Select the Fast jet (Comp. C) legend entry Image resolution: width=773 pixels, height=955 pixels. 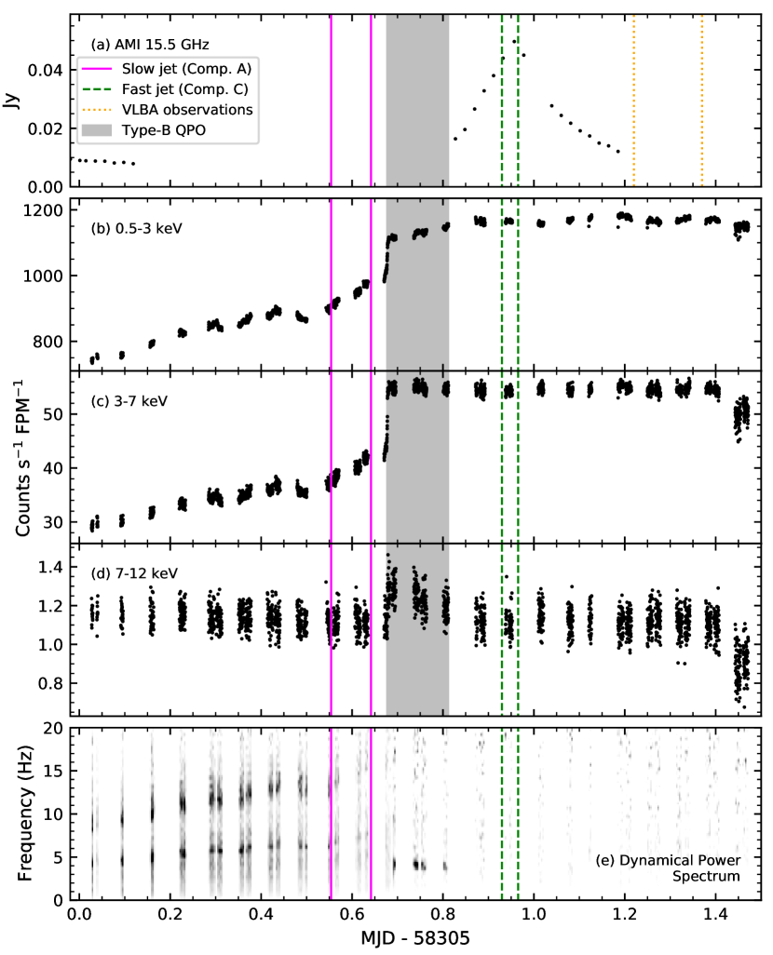pos(165,89)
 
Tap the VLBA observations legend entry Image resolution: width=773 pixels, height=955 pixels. pos(167,110)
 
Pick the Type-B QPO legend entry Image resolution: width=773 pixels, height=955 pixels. pos(143,130)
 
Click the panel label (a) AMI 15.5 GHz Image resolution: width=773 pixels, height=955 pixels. pos(150,45)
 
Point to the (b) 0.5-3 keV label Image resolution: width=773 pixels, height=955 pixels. pos(137,228)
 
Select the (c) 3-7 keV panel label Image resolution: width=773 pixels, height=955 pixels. pos(129,401)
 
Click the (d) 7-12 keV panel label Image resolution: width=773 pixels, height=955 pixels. pos(134,573)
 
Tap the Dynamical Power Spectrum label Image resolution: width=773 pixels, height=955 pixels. pos(668,868)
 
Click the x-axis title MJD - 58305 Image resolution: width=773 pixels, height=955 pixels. pos(415,938)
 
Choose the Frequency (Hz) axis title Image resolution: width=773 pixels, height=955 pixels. pos(24,814)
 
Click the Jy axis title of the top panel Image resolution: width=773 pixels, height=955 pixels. pos(11,101)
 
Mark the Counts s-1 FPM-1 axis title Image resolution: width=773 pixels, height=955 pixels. pos(24,457)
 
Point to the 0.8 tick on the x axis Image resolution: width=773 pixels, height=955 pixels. pos(442,915)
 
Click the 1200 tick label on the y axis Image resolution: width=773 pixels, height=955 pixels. pos(43,210)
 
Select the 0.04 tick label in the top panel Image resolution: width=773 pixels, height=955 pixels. pos(45,71)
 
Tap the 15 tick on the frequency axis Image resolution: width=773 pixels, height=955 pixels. pos(54,771)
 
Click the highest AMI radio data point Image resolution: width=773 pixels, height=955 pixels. pos(514,41)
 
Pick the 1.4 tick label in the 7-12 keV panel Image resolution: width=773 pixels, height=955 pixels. pos(50,568)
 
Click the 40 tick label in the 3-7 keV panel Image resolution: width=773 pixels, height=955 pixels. pos(54,468)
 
